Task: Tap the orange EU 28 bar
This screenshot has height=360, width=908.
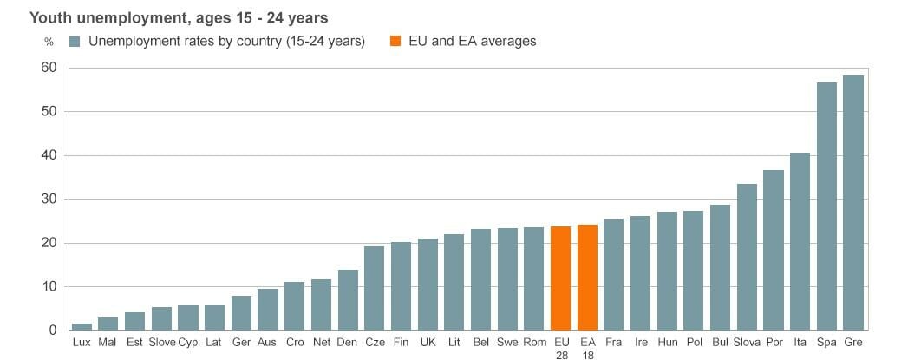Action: click(x=561, y=278)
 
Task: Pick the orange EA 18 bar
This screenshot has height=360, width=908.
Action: click(x=587, y=277)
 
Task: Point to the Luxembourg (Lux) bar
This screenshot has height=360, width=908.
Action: click(x=82, y=326)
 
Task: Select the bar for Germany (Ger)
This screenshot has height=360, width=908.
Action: click(x=241, y=312)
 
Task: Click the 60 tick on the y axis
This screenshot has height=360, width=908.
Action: click(x=48, y=68)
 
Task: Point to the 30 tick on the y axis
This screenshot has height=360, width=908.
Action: click(x=48, y=199)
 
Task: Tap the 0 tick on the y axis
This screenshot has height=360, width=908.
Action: click(x=52, y=330)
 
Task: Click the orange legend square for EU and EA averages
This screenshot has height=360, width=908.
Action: click(x=395, y=41)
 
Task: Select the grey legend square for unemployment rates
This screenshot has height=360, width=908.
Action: click(x=75, y=41)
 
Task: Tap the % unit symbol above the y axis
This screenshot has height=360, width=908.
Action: click(x=49, y=42)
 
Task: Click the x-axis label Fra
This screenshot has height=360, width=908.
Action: click(x=613, y=343)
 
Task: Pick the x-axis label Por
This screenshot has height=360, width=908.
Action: click(x=774, y=343)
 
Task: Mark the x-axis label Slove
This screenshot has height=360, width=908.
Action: click(x=161, y=343)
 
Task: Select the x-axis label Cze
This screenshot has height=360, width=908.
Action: click(x=375, y=343)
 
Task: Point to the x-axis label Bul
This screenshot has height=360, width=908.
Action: click(x=720, y=343)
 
